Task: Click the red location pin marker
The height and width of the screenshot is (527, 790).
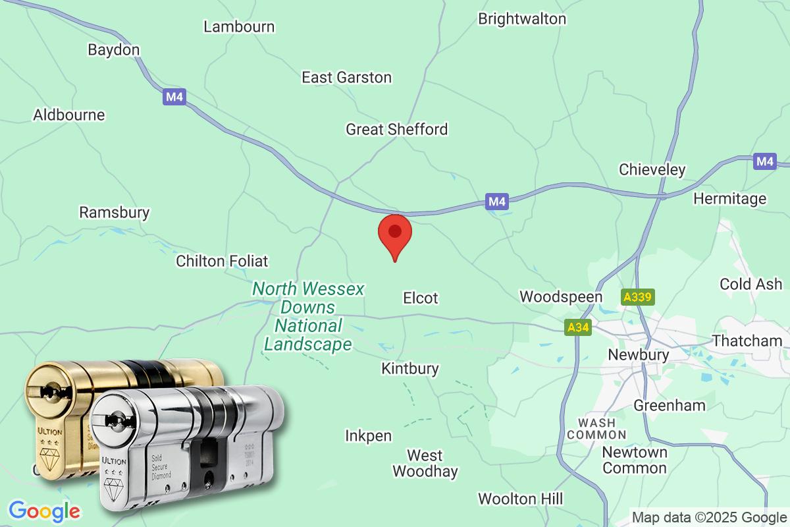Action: (395, 234)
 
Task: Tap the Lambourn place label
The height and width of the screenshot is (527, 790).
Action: (239, 27)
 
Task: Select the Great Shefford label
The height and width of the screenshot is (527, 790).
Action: (396, 129)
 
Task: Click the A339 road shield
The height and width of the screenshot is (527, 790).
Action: (637, 298)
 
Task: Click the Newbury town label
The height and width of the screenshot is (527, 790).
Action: (639, 354)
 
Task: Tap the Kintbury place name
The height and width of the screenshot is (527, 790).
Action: (409, 368)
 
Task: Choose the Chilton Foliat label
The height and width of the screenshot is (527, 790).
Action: (222, 262)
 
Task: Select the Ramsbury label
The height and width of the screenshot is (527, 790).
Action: (114, 213)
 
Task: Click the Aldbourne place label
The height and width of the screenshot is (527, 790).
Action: (69, 115)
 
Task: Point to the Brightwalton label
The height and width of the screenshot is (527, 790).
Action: (521, 18)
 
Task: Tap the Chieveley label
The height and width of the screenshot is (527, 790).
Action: (652, 170)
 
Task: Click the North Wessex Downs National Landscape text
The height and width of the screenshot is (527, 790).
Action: (308, 316)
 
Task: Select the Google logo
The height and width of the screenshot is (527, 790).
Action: (44, 511)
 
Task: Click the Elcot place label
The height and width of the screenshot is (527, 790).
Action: (420, 298)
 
